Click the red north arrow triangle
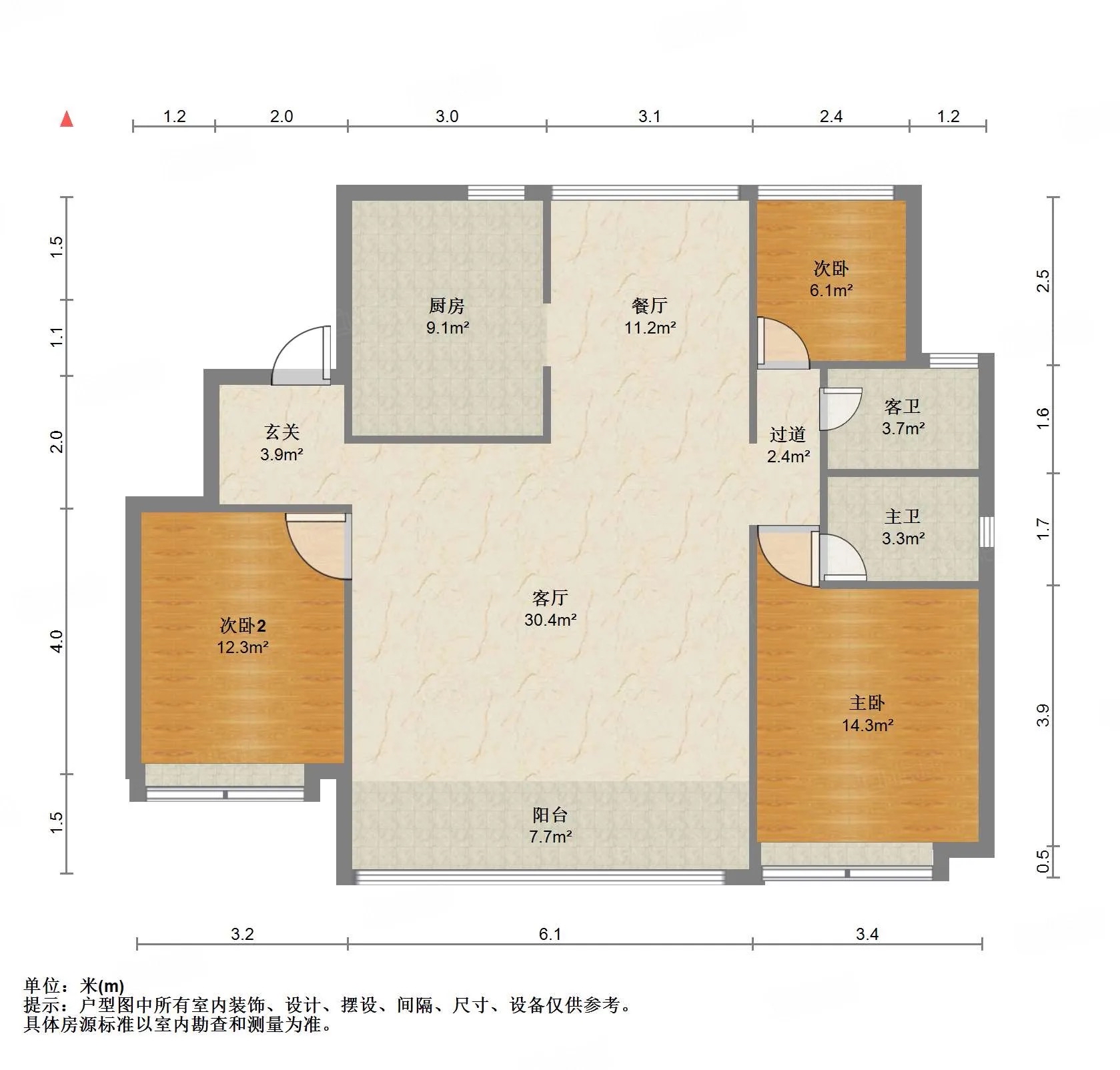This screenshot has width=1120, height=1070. tap(67, 119)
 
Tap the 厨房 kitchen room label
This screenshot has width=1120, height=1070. tap(447, 306)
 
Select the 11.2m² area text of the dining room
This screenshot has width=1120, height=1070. tap(650, 328)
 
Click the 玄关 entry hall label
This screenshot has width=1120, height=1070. tap(282, 432)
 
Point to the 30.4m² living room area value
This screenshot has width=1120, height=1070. tap(550, 620)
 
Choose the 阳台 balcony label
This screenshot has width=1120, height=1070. tap(550, 815)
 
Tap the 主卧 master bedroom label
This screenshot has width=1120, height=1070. tap(867, 702)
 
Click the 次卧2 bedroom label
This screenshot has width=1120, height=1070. tap(243, 625)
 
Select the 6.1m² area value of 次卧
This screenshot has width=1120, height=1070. tap(831, 290)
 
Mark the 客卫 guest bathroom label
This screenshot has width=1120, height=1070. tap(903, 406)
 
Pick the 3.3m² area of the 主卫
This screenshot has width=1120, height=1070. tap(903, 538)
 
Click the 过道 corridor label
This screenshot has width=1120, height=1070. tap(788, 434)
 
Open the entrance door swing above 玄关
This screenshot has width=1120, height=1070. tap(302, 355)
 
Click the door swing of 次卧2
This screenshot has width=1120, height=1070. tap(319, 546)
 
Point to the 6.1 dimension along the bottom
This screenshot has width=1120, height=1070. tap(550, 934)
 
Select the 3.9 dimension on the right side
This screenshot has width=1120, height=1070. tap(1043, 715)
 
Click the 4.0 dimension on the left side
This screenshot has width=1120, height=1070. tap(57, 641)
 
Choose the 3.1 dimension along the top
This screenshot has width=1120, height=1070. tap(650, 116)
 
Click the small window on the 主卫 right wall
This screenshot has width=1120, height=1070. tap(987, 532)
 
